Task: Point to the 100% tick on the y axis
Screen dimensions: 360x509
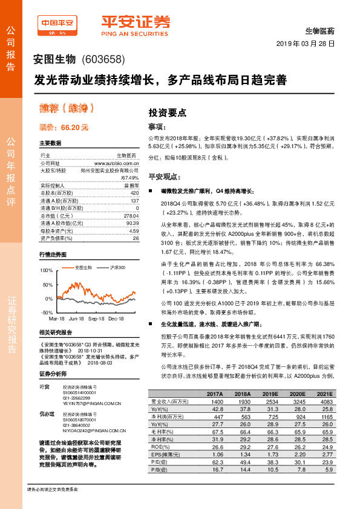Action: (46, 270)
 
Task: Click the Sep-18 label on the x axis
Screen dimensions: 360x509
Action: (96, 317)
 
